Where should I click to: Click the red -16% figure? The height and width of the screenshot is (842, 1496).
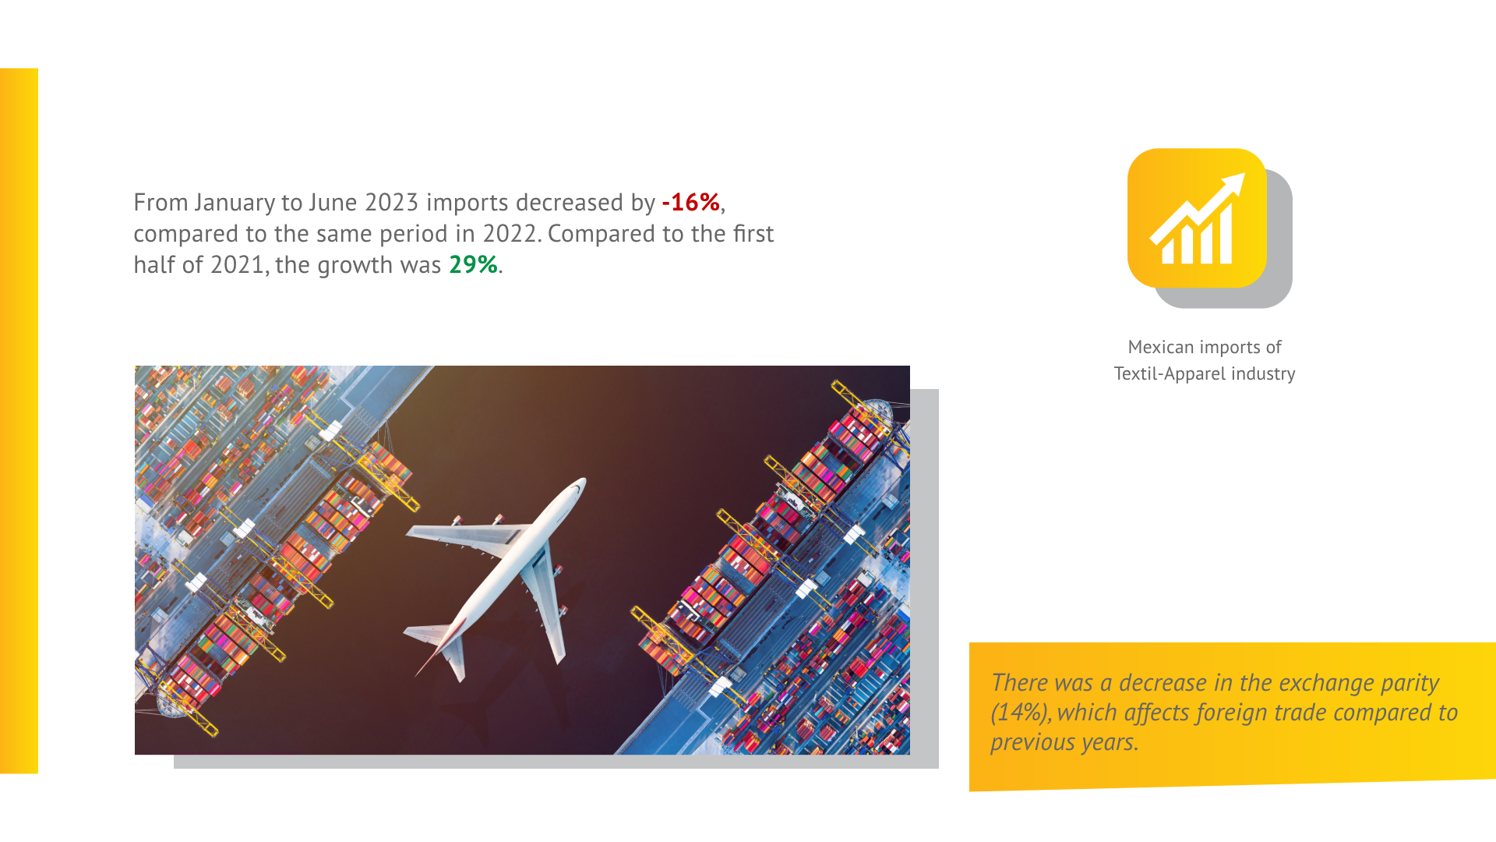click(690, 203)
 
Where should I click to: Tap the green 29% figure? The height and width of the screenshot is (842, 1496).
click(473, 265)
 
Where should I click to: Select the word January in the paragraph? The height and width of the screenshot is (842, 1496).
click(235, 203)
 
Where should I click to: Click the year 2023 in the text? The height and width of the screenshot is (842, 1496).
click(392, 203)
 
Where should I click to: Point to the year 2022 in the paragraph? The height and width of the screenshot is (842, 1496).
click(510, 234)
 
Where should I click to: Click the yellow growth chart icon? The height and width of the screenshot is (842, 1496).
click(1197, 218)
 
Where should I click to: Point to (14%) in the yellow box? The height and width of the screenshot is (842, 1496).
click(1021, 713)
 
